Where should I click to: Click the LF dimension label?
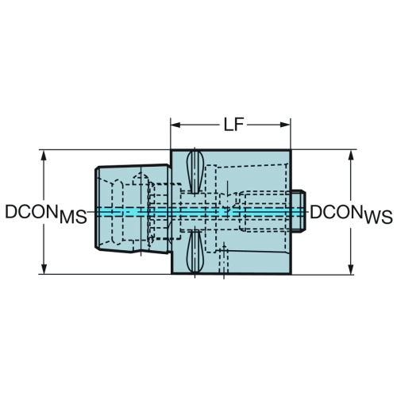(x=233, y=125)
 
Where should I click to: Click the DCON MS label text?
(x=46, y=214)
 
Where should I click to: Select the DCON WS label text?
(x=351, y=214)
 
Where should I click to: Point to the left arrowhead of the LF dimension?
(x=175, y=125)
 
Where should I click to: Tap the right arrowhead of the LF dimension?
(x=285, y=125)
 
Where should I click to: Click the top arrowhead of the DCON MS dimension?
(x=44, y=156)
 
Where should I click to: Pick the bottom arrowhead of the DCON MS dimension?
(x=44, y=269)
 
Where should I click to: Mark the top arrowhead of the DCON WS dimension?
(x=351, y=156)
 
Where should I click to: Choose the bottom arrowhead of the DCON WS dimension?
(x=351, y=269)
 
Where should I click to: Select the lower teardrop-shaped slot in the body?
(x=195, y=251)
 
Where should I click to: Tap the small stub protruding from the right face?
(x=299, y=211)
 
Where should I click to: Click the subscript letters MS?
(x=73, y=217)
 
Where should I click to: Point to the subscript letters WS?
(x=379, y=217)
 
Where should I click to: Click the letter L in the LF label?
(x=229, y=125)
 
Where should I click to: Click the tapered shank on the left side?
(x=133, y=209)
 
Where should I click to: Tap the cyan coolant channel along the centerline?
(x=200, y=211)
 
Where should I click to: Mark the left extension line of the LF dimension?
(x=171, y=133)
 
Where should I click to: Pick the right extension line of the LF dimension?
(x=291, y=133)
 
